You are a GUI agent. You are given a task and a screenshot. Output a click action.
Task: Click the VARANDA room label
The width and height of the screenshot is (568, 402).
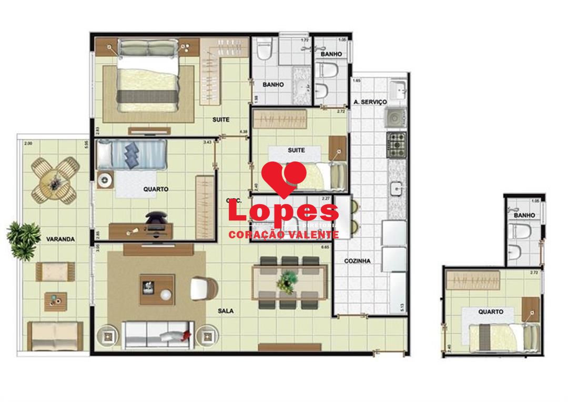60,238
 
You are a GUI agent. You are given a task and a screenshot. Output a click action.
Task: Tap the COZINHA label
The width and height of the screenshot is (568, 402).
358,260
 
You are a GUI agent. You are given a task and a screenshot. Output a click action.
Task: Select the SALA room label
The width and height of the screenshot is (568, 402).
226,311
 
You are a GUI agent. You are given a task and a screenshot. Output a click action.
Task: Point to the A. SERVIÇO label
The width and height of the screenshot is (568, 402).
370,102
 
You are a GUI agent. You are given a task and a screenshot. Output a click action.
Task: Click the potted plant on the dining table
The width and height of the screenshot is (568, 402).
288,280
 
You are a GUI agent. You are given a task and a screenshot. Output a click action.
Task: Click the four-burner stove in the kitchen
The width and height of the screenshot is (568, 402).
396,145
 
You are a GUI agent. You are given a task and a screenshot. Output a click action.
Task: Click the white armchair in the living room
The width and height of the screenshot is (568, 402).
203,288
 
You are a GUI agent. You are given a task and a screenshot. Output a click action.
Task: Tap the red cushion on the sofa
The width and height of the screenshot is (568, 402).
185,335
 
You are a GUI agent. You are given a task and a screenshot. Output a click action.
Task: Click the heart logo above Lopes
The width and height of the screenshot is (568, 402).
284,177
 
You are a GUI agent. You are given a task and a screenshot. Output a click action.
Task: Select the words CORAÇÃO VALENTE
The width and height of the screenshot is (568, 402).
283,235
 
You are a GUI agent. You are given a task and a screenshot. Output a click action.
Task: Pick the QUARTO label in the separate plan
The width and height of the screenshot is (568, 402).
490,311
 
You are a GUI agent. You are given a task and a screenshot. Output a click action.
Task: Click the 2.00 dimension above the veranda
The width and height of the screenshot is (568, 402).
28,143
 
